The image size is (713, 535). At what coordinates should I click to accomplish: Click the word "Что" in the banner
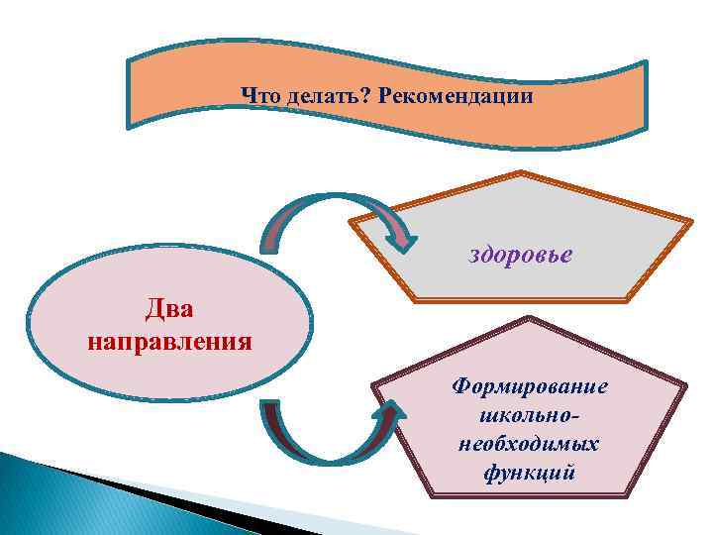click(x=261, y=97)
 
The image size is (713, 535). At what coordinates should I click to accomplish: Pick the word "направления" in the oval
click(x=169, y=343)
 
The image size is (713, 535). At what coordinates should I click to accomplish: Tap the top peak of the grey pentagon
click(x=522, y=175)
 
